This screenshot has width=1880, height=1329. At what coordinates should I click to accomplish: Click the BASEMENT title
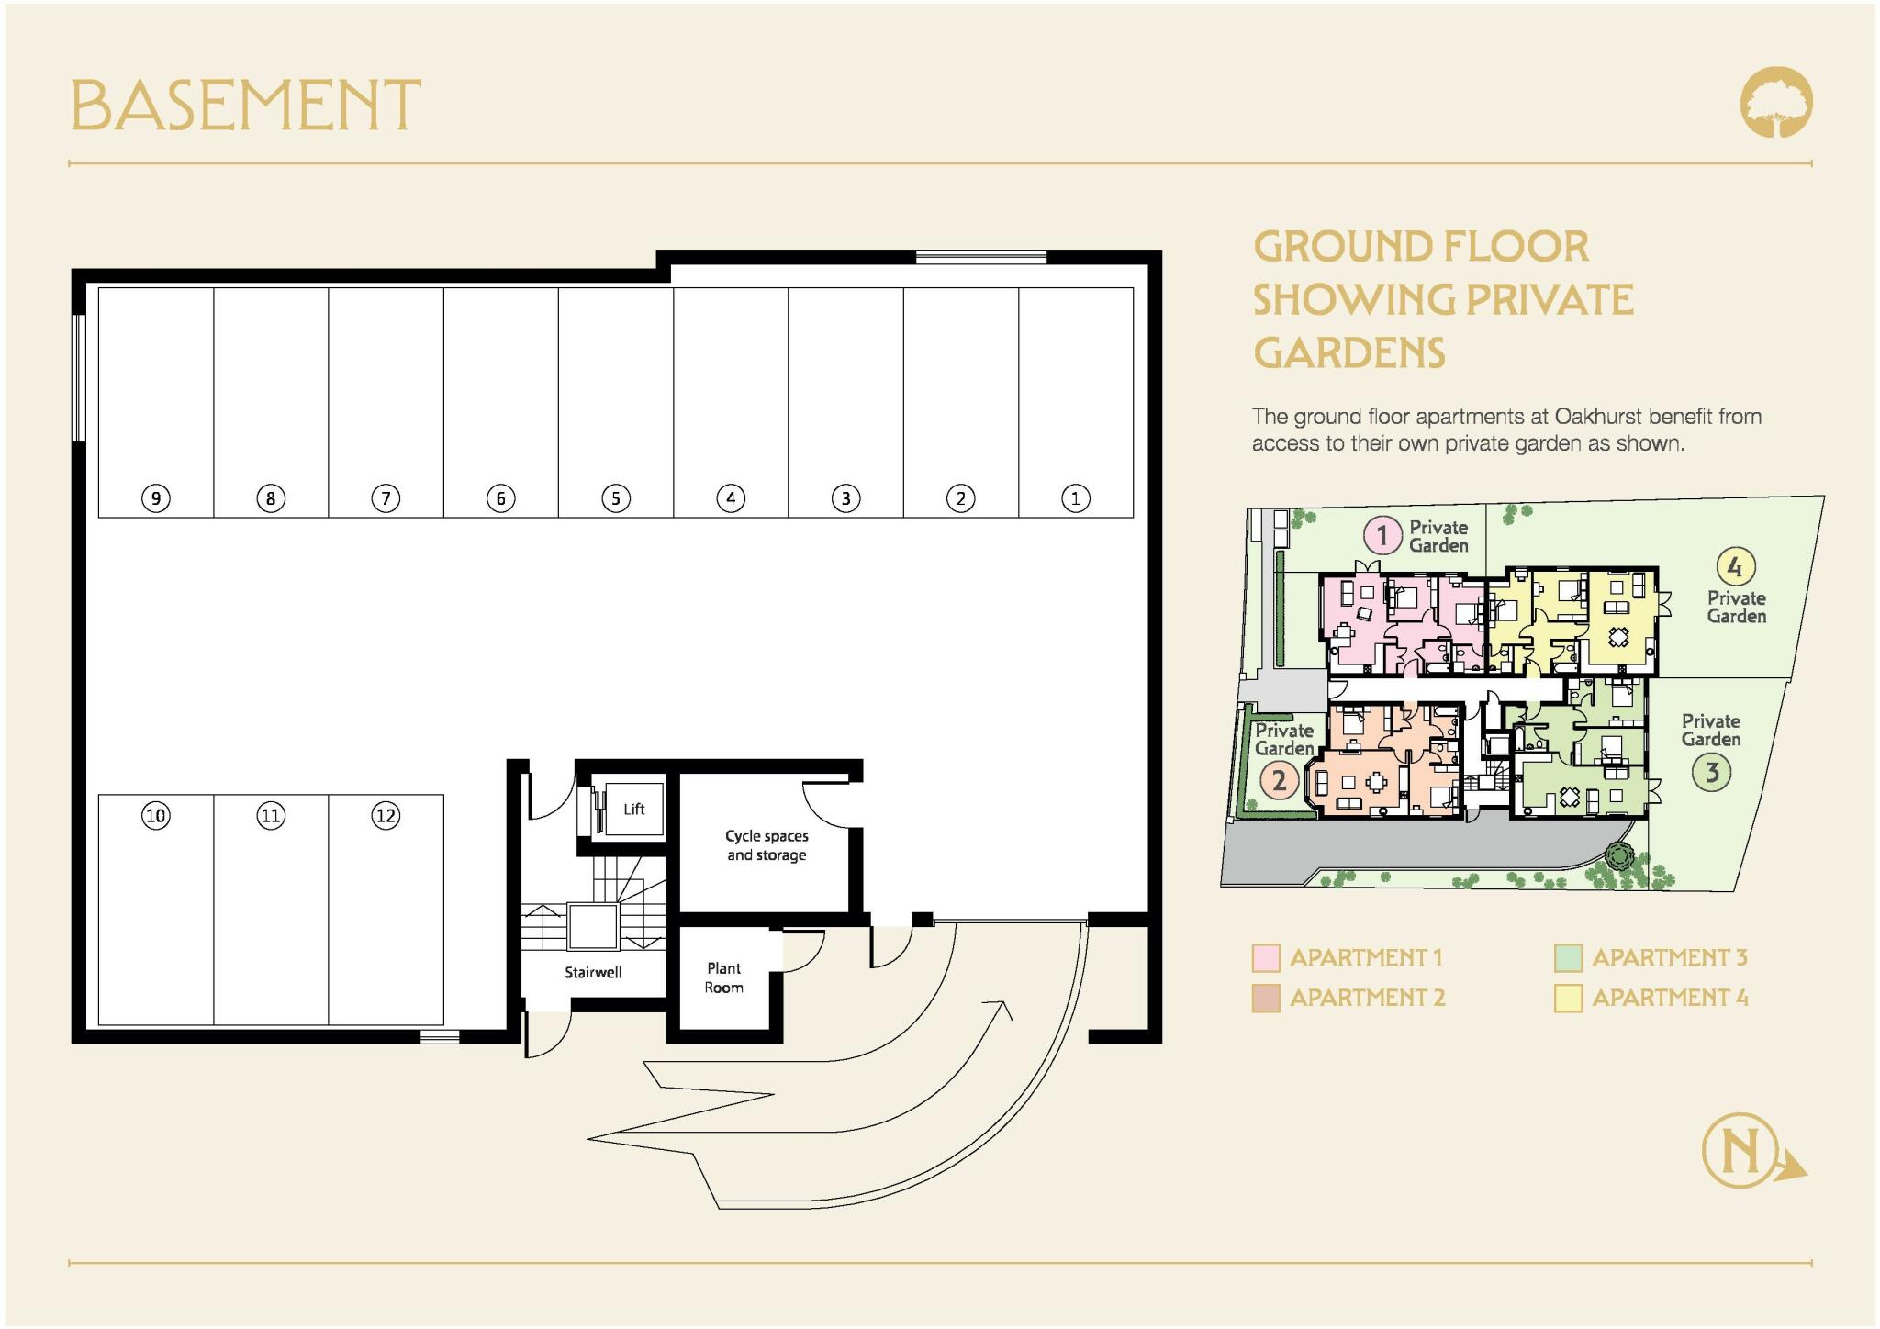(x=245, y=105)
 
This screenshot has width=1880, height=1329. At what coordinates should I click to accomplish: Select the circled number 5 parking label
(x=616, y=498)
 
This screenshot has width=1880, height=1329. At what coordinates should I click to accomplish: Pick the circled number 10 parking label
(x=156, y=815)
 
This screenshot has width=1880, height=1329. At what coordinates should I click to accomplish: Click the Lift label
(x=633, y=809)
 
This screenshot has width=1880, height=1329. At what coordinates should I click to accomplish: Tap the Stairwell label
(x=593, y=972)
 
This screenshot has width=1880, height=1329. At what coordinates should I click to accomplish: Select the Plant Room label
(x=724, y=977)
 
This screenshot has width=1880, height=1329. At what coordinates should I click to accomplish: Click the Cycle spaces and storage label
(x=767, y=845)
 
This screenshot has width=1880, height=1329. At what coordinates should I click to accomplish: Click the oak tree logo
(x=1776, y=102)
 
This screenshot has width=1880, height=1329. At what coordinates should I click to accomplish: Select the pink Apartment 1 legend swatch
(x=1266, y=957)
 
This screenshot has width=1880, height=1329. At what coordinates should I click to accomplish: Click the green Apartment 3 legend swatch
(x=1568, y=957)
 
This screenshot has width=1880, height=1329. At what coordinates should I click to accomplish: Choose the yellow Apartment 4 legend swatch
(x=1568, y=998)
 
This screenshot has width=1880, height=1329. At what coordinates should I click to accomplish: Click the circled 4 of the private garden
(x=1734, y=566)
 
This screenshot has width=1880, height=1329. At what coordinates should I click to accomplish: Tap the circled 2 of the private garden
(x=1279, y=781)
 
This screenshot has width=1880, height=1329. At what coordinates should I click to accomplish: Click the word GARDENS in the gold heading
(x=1349, y=353)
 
